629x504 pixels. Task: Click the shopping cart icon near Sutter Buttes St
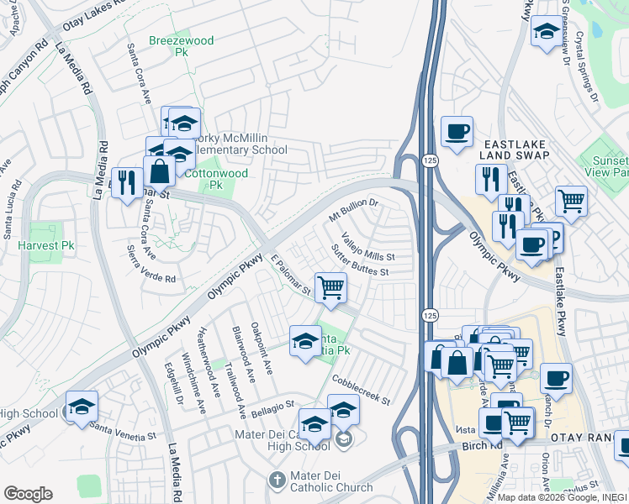coord(331,287)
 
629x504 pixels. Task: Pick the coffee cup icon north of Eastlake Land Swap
coord(457,132)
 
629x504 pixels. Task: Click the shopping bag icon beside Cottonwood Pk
coord(159,171)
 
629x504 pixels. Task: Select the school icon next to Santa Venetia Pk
coord(304,340)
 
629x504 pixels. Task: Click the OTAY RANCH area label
coord(584,438)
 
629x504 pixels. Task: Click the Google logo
coord(28,493)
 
